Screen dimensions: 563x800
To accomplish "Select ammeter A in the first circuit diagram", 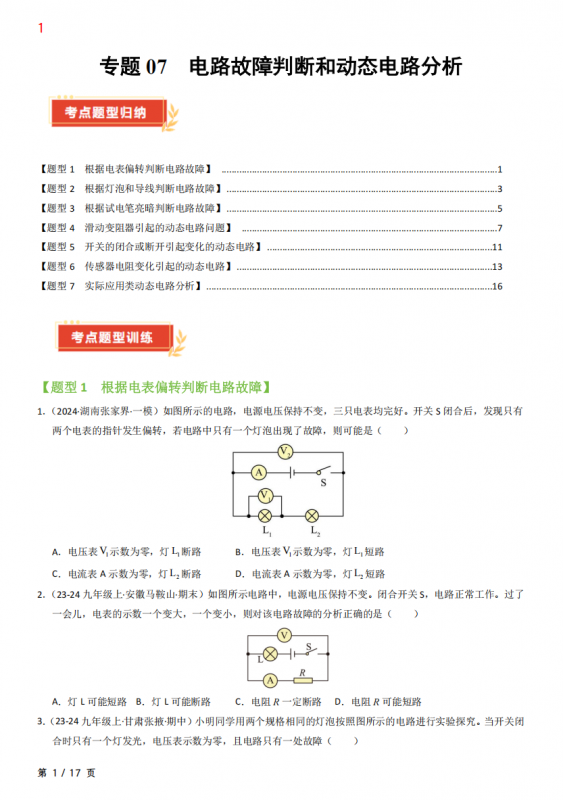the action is point(259,472).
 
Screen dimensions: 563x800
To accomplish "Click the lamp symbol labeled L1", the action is point(266,516).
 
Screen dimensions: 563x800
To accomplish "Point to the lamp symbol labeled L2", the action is point(311,516).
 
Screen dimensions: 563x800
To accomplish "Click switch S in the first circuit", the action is point(321,473).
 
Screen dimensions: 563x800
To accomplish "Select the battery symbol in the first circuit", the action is point(288,472).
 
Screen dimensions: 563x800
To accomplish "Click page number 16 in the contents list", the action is point(497,286).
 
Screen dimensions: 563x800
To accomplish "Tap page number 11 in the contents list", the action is point(497,247).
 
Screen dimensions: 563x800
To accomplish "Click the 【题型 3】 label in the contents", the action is point(55,208).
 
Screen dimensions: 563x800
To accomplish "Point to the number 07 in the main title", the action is point(157,67).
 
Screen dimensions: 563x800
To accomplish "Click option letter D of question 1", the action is point(239,574).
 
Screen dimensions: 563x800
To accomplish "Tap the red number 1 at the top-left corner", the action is point(40,28).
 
